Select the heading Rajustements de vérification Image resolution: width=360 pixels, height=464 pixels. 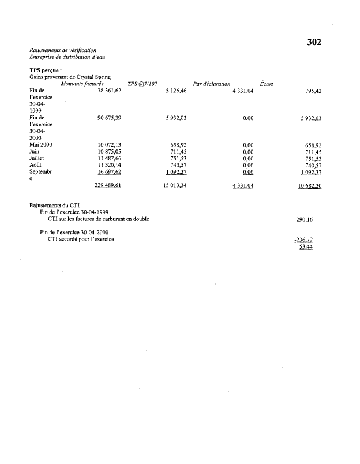(63, 50)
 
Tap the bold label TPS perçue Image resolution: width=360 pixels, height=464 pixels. (45, 70)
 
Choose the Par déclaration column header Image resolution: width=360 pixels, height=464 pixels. (212, 84)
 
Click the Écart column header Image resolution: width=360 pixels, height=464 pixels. (267, 84)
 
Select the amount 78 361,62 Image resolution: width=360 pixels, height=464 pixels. (110, 91)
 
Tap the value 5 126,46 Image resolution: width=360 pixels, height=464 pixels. (175, 91)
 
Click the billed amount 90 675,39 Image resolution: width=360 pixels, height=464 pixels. (110, 118)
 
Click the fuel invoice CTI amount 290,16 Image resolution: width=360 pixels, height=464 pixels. (305, 220)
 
